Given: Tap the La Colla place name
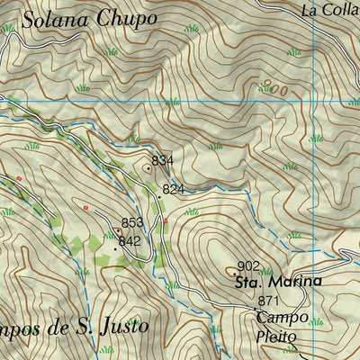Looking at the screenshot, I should click(x=329, y=11).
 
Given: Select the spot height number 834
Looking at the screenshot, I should click(x=162, y=160).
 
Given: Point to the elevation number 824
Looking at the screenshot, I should click(x=174, y=189).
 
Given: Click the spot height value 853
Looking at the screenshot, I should click(x=132, y=222).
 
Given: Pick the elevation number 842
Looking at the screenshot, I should click(x=130, y=241).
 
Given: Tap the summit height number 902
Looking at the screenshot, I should click(x=248, y=265).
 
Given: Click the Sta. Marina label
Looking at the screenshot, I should click(x=278, y=282).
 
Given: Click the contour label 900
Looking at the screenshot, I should click(x=277, y=90).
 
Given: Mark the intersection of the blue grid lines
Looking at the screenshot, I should click(x=312, y=103).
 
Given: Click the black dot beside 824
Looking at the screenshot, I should click(x=159, y=195).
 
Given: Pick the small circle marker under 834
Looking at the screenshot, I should click(x=148, y=167).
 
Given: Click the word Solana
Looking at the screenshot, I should click(x=53, y=18).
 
